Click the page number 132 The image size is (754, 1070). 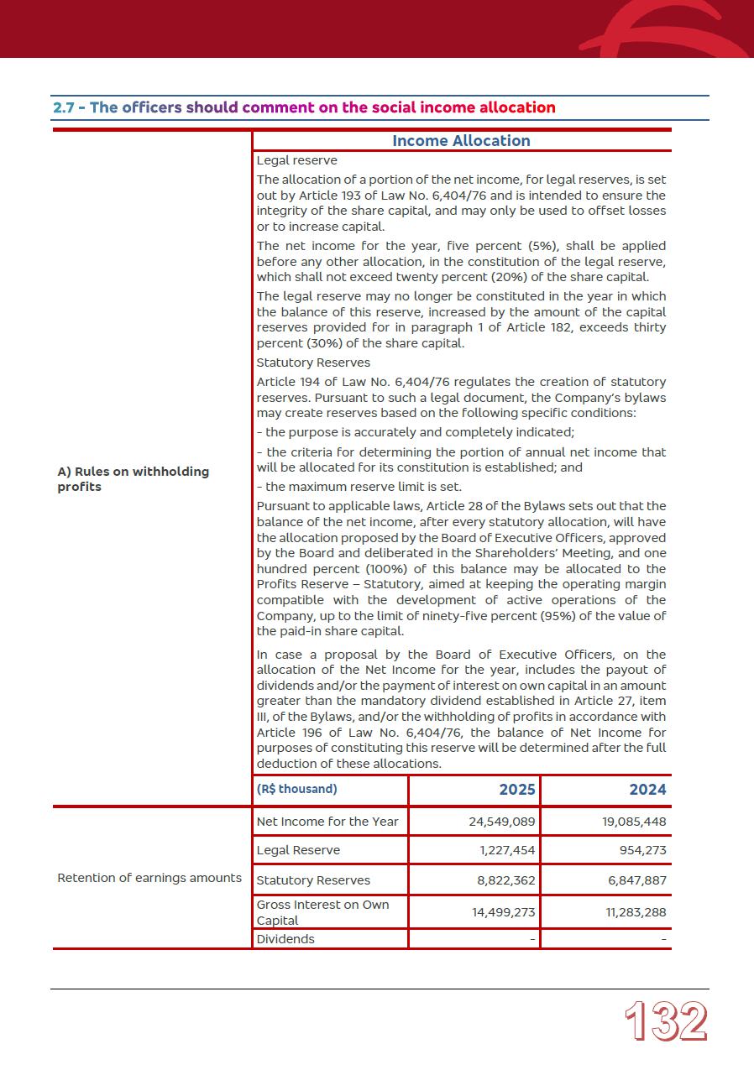(x=666, y=1022)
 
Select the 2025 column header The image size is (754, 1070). (x=516, y=790)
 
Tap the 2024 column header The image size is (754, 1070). (x=647, y=790)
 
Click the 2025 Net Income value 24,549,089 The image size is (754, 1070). (x=501, y=822)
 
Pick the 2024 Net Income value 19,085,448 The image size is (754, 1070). (x=634, y=822)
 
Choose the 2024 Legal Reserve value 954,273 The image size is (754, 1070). (x=644, y=850)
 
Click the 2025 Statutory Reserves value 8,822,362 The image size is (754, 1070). (x=506, y=880)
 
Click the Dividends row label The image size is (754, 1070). (x=285, y=939)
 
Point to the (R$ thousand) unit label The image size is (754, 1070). (x=296, y=789)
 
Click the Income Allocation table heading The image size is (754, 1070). (x=461, y=141)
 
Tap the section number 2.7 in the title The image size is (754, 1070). (x=64, y=107)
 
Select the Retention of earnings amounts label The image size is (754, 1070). (x=149, y=878)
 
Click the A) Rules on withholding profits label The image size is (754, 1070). (x=133, y=479)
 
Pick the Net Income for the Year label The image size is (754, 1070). (x=327, y=822)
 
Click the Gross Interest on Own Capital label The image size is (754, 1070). (x=322, y=912)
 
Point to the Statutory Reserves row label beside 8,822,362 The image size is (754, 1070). (x=313, y=880)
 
